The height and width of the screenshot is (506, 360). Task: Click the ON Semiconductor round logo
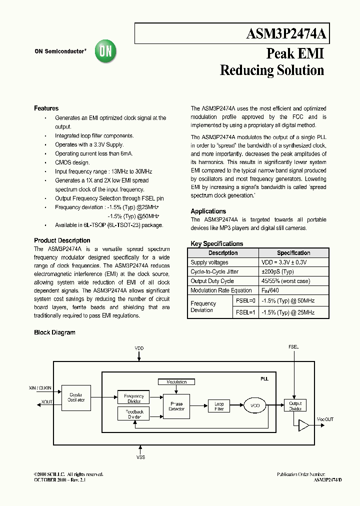[105, 51]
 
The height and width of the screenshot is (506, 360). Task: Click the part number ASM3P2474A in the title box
[286, 34]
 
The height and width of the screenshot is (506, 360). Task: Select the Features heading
[46, 108]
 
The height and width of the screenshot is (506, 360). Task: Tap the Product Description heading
[62, 240]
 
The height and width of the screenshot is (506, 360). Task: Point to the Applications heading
[208, 211]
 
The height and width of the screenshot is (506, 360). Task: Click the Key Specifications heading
[216, 244]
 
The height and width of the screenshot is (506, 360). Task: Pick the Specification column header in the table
[293, 253]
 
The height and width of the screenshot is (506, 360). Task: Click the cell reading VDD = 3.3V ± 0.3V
[284, 262]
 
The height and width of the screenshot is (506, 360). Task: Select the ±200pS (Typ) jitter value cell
[277, 271]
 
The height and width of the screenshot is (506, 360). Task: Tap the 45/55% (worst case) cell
[285, 281]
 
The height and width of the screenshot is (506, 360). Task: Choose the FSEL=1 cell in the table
[245, 312]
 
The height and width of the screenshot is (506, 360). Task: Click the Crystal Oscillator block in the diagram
[76, 397]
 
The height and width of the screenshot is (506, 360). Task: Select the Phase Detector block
[176, 406]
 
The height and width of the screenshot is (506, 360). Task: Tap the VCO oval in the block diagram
[255, 406]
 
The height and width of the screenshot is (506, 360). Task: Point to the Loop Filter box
[219, 406]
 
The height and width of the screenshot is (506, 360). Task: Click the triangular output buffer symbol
[303, 425]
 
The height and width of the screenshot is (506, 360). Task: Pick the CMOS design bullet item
[72, 162]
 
